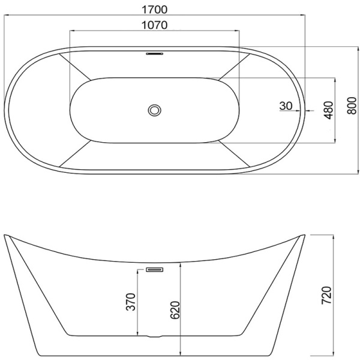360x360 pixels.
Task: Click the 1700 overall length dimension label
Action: point(155,10)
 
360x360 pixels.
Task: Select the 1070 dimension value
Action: point(155,25)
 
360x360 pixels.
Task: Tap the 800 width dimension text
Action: point(352,106)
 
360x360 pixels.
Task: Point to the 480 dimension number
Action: point(329,110)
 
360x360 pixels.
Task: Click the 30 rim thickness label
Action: point(286,106)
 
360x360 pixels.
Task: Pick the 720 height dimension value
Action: point(327,295)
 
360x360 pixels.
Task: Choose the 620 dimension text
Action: point(175,310)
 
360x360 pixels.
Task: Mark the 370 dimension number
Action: point(131,301)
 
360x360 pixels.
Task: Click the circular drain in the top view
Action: point(155,110)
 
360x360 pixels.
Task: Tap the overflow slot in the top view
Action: point(155,54)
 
